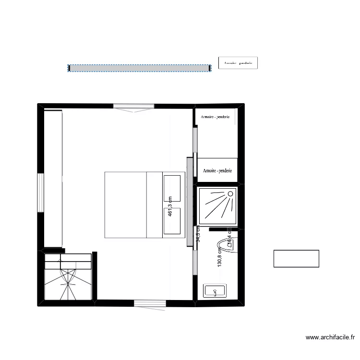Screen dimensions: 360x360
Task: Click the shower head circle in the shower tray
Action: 230,193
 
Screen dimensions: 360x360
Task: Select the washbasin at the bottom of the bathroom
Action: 215,291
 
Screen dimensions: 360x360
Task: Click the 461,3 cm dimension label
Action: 170,210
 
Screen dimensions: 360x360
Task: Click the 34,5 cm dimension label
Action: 198,234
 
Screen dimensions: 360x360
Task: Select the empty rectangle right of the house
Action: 296,258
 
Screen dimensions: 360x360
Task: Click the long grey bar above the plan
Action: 139,68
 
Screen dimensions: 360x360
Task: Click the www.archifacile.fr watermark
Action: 329,338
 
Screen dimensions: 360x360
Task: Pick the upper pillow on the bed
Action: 174,188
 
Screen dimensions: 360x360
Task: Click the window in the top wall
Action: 134,107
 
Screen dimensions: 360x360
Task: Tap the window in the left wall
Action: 41,193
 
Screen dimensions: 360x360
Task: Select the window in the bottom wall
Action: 150,302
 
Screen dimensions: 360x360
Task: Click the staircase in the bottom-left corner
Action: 68,277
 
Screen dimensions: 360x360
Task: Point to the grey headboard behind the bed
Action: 189,202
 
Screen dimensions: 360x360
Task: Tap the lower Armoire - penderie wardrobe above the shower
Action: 217,170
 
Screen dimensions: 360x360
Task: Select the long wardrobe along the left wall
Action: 53,178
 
